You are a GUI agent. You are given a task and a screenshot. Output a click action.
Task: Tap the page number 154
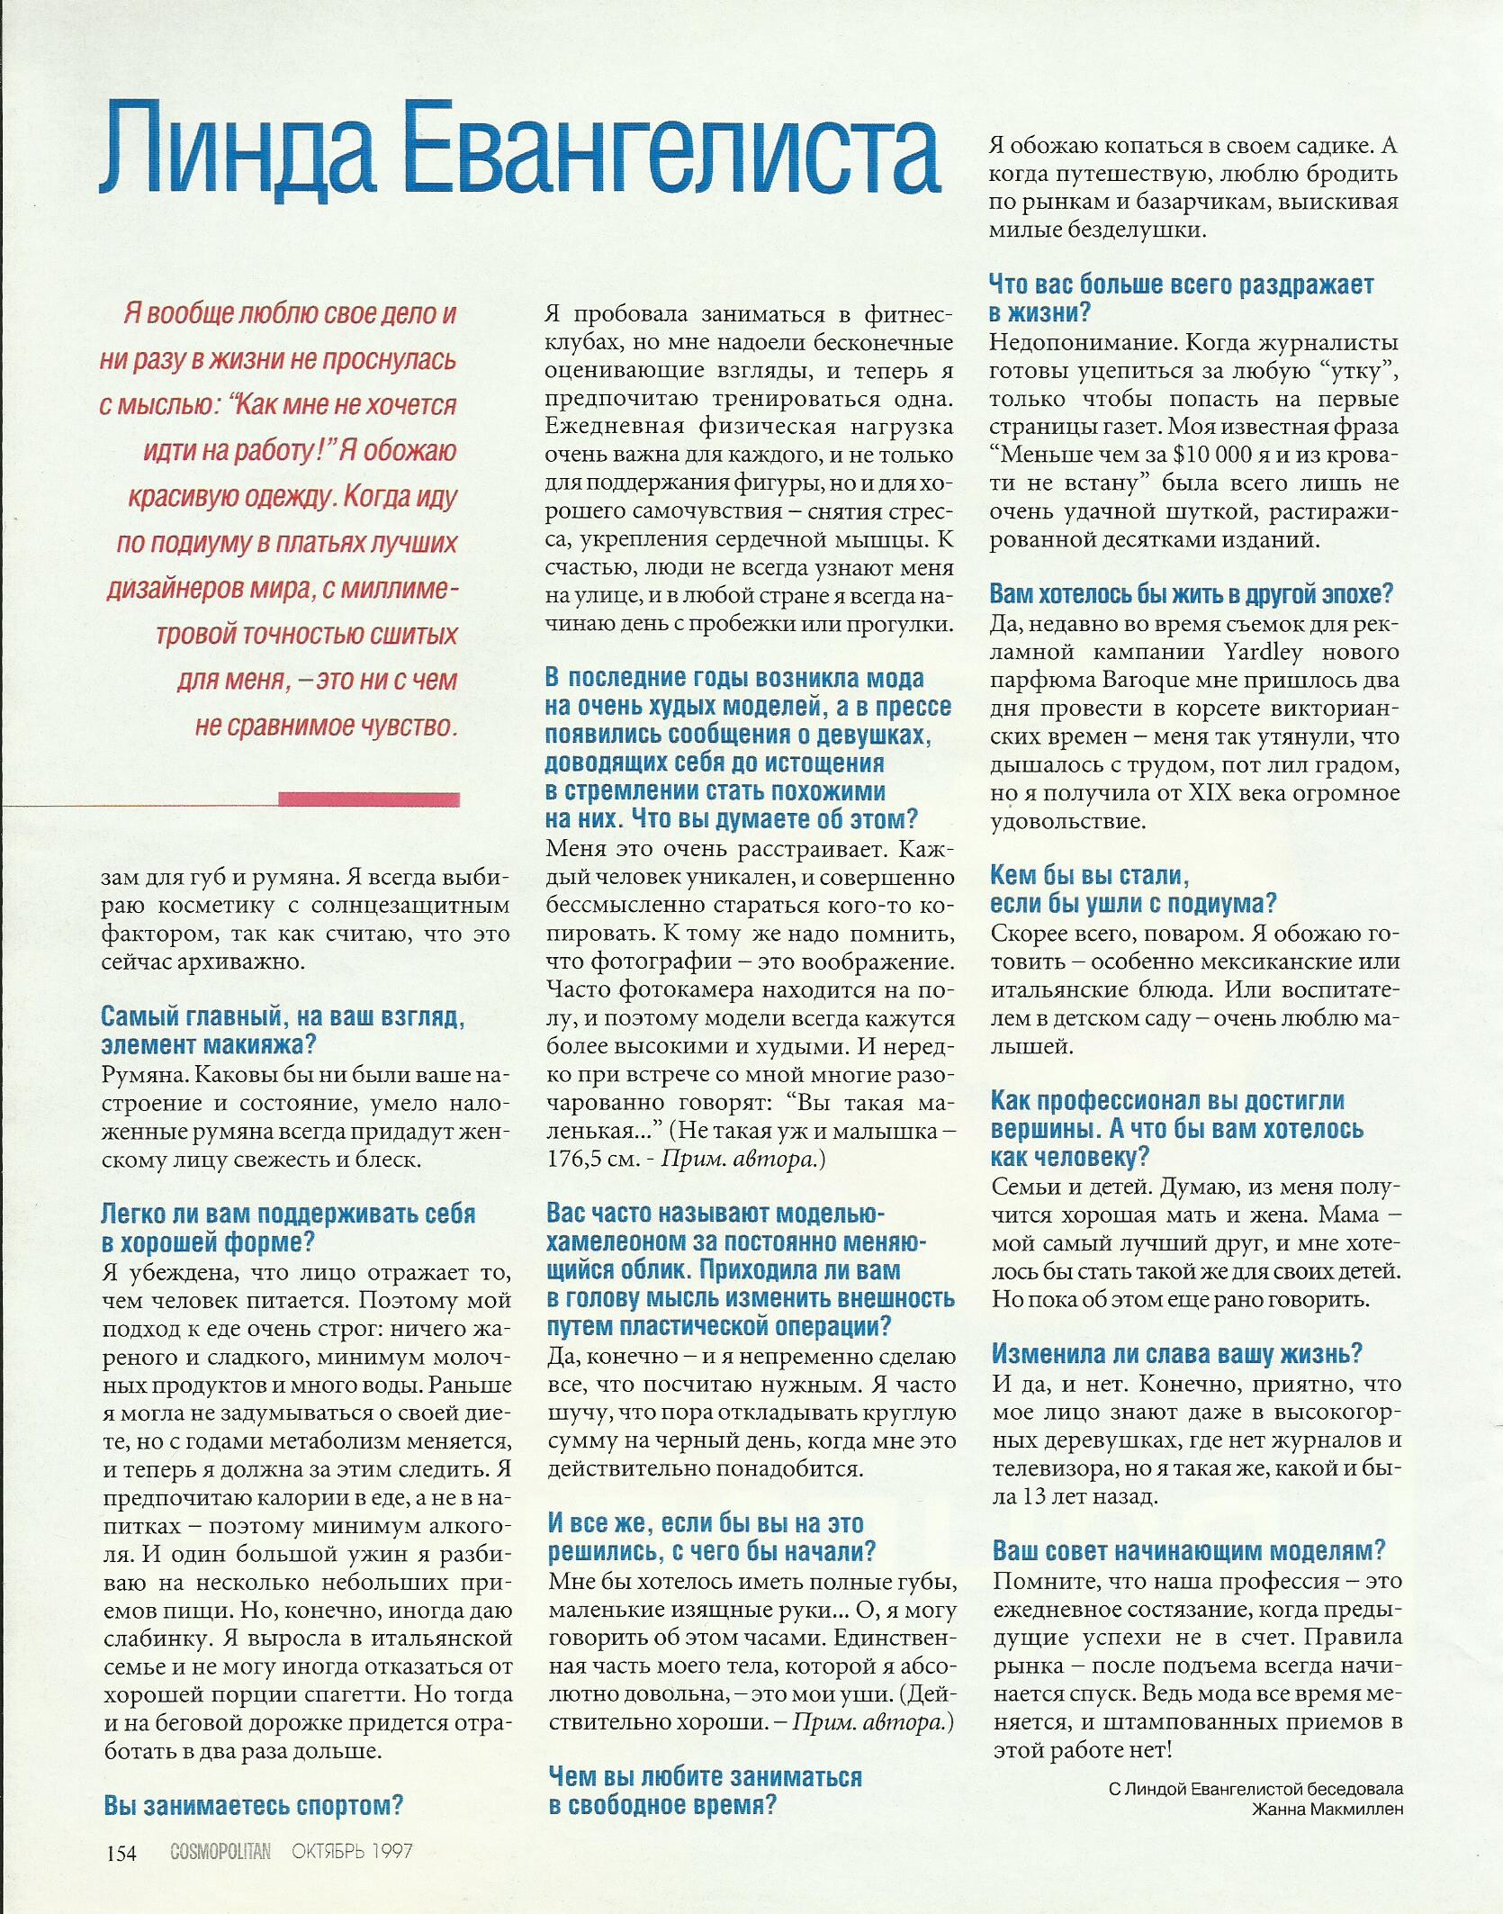coord(121,1853)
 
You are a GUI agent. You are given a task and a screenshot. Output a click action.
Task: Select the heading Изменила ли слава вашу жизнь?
coord(1177,1354)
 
